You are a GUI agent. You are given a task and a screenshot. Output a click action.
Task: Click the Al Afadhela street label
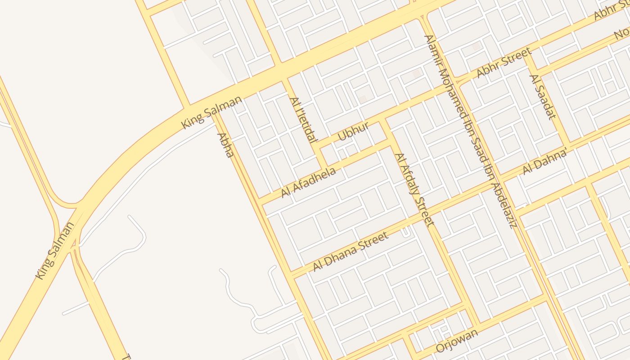(308, 182)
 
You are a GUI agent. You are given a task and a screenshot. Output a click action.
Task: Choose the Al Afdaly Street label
(414, 189)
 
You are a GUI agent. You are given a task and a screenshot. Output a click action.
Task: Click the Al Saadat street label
(541, 97)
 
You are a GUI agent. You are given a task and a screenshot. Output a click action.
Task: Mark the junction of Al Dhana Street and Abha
(292, 275)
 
